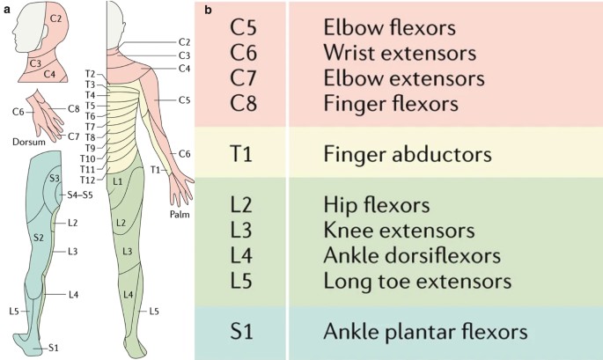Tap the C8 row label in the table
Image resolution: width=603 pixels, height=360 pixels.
244,104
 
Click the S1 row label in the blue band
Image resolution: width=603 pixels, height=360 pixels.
244,333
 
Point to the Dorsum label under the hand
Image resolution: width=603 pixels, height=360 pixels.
29,141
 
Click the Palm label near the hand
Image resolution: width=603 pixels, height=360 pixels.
182,213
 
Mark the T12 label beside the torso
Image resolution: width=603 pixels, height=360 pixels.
85,180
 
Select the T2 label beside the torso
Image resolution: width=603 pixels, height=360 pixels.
89,73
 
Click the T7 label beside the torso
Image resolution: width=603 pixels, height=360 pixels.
89,127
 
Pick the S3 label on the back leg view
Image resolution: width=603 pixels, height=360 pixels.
54,179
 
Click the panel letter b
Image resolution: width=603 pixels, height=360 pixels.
207,10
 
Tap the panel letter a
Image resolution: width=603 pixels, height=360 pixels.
7,10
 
